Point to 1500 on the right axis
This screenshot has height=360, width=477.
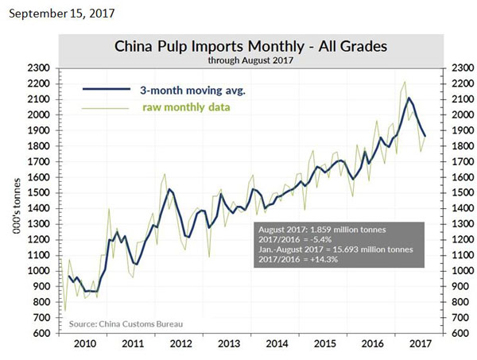(x=463, y=193)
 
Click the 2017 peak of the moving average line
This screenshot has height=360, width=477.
(x=409, y=99)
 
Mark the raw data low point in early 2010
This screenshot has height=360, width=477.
(x=65, y=311)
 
